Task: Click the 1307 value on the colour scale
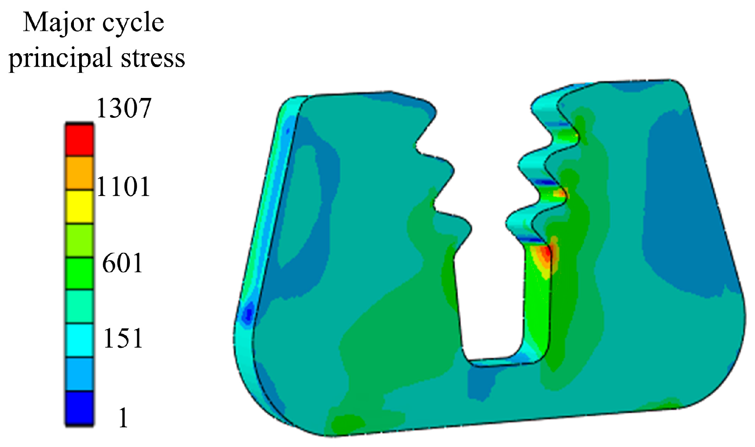point(123,108)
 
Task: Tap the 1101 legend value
point(123,187)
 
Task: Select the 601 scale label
point(123,263)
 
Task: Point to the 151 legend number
point(123,338)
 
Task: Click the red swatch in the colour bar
point(79,140)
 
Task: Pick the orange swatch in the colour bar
point(79,173)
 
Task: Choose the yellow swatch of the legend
point(79,207)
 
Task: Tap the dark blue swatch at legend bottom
point(79,408)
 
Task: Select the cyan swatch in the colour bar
point(79,341)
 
